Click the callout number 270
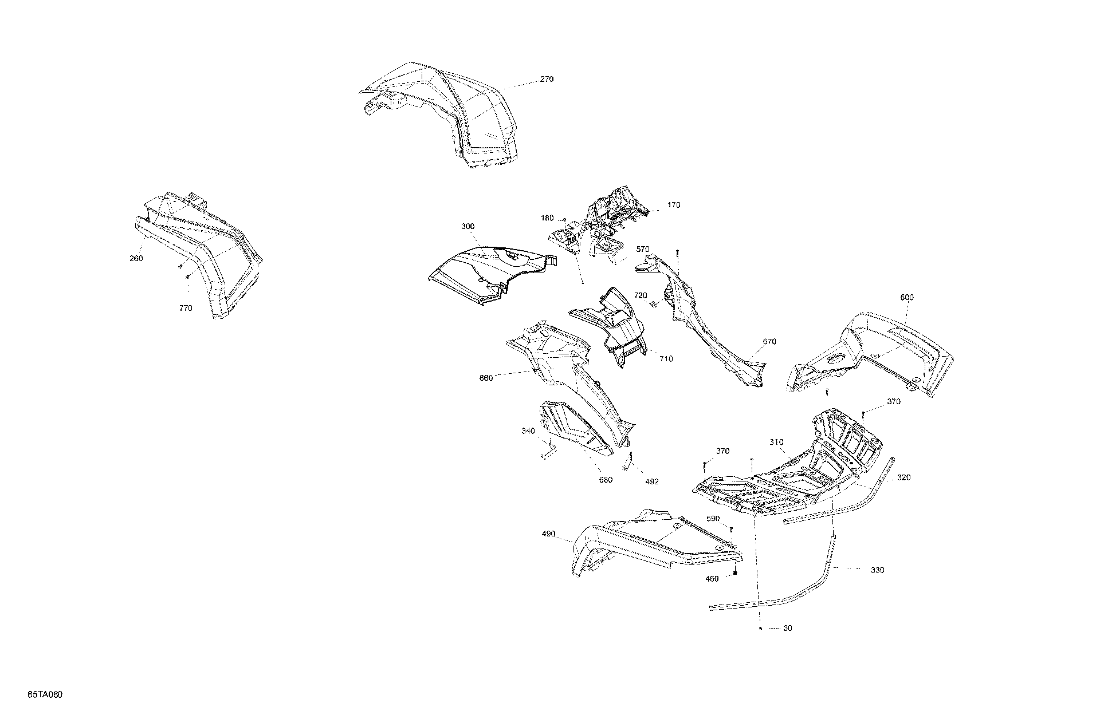(547, 80)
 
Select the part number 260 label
(136, 258)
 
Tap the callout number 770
(186, 308)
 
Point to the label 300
(467, 227)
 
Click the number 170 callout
(674, 205)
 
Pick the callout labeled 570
(643, 250)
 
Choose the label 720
(641, 295)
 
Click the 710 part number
(666, 359)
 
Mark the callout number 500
(907, 298)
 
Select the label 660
(486, 378)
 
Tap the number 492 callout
(651, 482)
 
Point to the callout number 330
(877, 570)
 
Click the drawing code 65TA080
(45, 695)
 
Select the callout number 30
(788, 628)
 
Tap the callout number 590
(713, 519)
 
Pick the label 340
(528, 431)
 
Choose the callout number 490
(548, 534)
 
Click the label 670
(769, 342)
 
